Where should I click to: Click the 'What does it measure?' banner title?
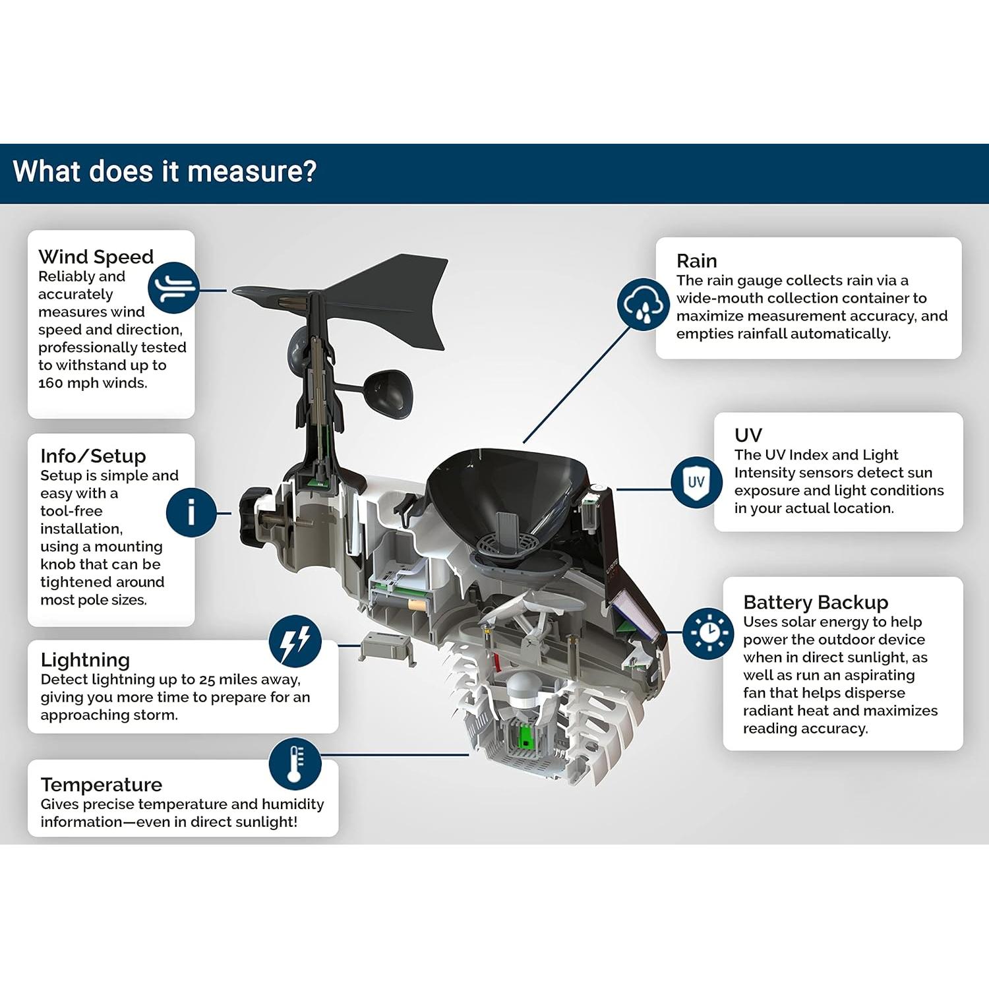click(165, 171)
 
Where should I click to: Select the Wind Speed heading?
click(96, 256)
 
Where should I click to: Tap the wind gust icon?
click(173, 287)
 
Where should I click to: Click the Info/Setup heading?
click(93, 456)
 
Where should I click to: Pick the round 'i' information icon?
click(191, 512)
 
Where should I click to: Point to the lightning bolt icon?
click(295, 641)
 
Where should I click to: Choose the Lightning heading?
click(85, 660)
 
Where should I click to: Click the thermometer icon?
click(295, 764)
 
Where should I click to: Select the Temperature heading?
click(102, 785)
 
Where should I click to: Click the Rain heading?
click(697, 261)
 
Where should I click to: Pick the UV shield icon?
click(696, 482)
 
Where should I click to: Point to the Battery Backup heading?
click(816, 603)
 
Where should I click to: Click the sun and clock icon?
click(708, 634)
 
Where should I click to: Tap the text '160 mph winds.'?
click(93, 383)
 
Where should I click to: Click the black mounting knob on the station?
click(255, 514)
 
